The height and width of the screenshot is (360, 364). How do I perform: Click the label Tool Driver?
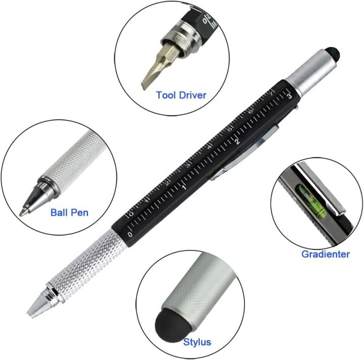pyautogui.click(x=181, y=94)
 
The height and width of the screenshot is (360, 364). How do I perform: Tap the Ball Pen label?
pyautogui.click(x=69, y=212)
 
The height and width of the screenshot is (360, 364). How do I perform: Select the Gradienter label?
pyautogui.click(x=325, y=254)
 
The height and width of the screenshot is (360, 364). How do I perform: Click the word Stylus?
pyautogui.click(x=198, y=342)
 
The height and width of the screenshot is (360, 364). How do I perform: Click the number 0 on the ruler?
pyautogui.click(x=130, y=235)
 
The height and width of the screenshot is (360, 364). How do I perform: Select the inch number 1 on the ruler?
pyautogui.click(x=184, y=188)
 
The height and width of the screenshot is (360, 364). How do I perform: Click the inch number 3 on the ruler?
pyautogui.click(x=289, y=95)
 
